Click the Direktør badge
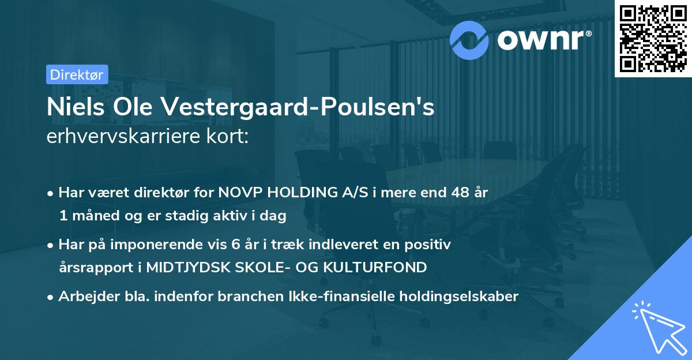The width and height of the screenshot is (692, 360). pos(76,74)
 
